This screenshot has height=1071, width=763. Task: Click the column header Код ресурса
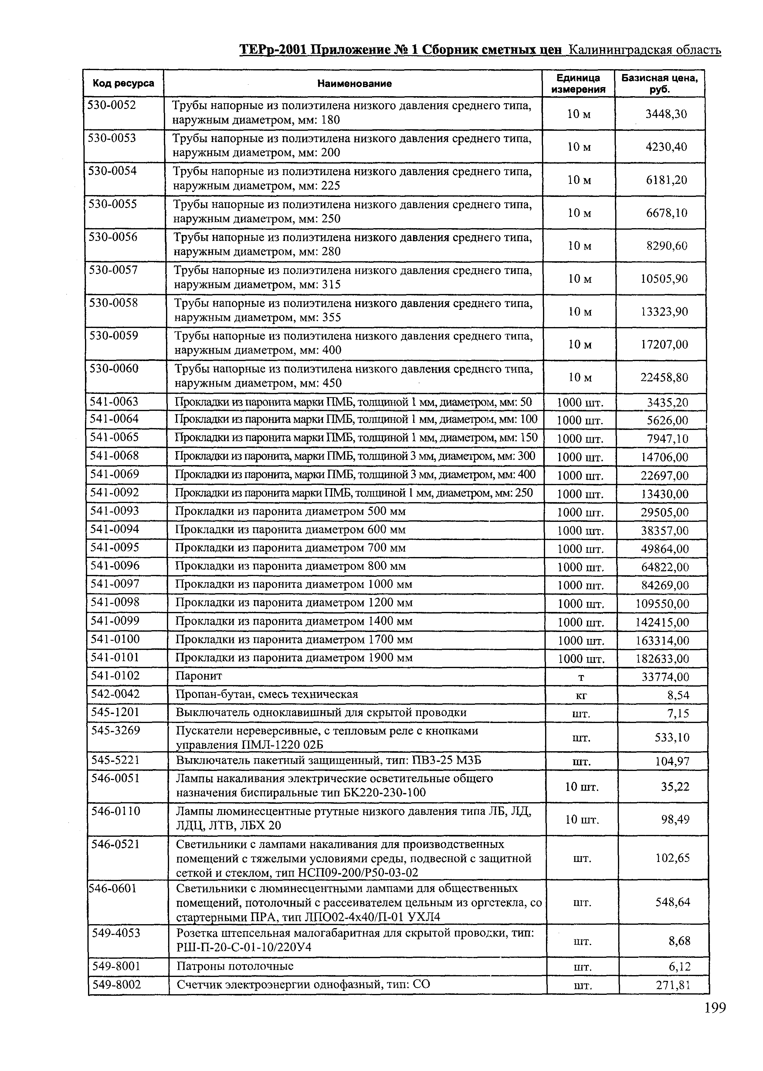(x=123, y=83)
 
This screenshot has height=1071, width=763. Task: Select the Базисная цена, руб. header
(x=660, y=83)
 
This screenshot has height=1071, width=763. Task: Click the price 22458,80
(x=664, y=377)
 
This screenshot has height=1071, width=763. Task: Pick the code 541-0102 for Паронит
(x=115, y=676)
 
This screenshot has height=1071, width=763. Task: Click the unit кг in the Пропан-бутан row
(x=581, y=695)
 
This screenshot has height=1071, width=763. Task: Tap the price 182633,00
(x=662, y=659)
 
